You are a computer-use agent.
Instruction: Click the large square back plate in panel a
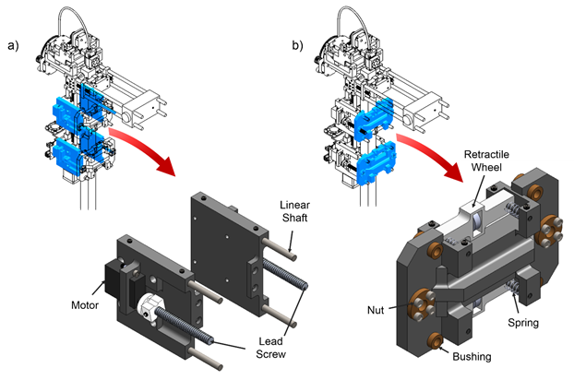point(225,243)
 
